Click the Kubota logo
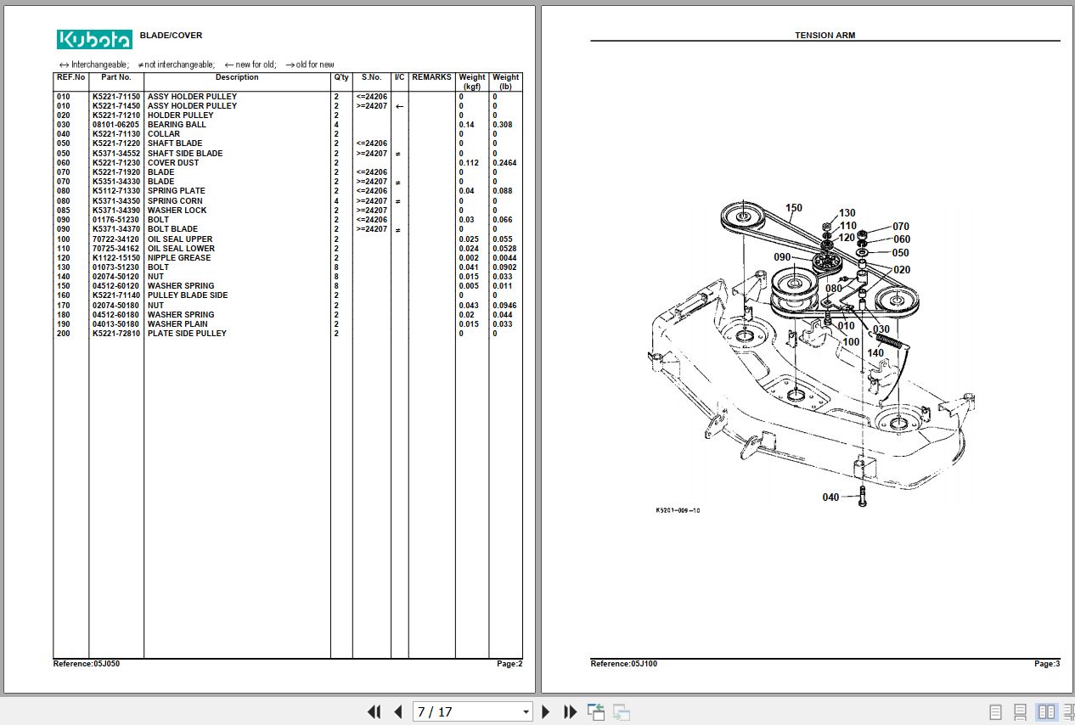94,39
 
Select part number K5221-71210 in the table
116,115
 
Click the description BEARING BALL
177,125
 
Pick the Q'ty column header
341,77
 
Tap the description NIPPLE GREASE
179,258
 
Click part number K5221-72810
116,334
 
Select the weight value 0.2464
504,163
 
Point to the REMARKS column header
431,77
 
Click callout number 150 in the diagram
793,208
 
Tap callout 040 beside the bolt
830,497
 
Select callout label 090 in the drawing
782,257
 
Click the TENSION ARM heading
825,36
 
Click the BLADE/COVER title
171,36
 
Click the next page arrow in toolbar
546,712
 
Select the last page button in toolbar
571,712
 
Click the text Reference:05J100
623,664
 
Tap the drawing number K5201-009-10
678,510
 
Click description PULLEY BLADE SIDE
188,295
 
